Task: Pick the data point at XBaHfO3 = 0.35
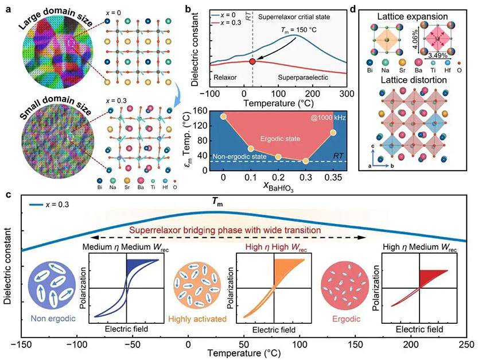click(333, 133)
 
